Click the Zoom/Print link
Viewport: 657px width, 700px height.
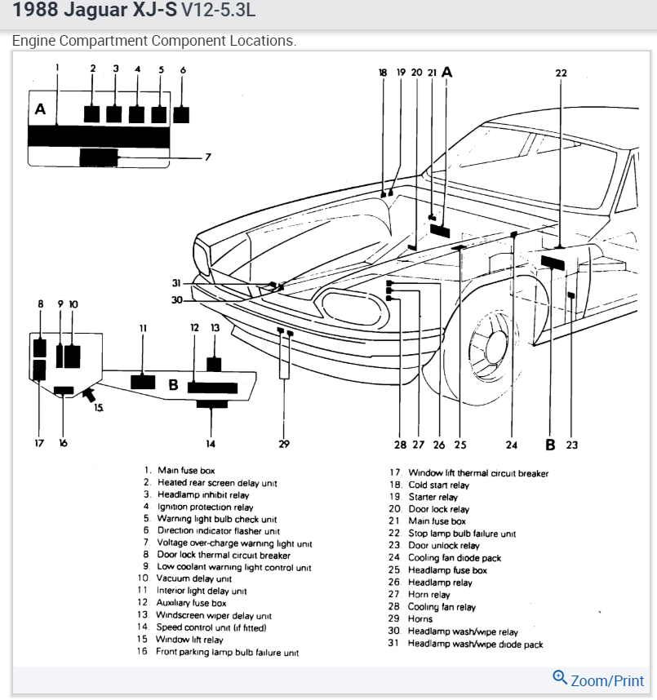(x=599, y=680)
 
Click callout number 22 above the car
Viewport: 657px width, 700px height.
(x=561, y=73)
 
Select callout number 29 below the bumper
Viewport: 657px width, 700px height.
(x=284, y=445)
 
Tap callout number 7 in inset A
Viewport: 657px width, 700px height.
(x=208, y=157)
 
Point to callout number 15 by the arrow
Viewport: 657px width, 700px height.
(x=99, y=406)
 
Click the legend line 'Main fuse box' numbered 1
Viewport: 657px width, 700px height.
(x=185, y=471)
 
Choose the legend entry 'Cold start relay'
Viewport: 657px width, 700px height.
(x=438, y=485)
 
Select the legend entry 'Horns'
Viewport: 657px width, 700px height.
(x=420, y=619)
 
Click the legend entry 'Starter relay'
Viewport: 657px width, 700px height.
(x=433, y=497)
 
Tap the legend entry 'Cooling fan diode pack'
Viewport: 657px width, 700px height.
(x=455, y=558)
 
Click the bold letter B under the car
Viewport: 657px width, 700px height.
(x=550, y=445)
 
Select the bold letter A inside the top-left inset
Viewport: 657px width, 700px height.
(x=40, y=109)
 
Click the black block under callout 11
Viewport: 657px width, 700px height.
(x=143, y=381)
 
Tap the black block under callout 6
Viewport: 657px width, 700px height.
(x=181, y=113)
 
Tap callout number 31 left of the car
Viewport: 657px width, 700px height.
(x=175, y=283)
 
